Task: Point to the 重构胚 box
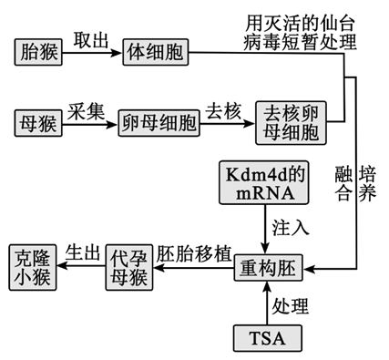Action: coord(264,271)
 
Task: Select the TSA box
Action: coord(266,338)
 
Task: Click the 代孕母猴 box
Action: coord(124,265)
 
